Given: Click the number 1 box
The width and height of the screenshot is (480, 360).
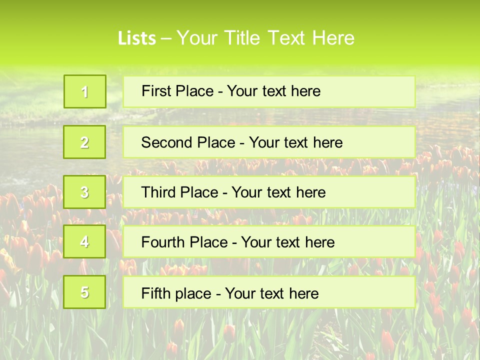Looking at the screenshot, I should point(85,91).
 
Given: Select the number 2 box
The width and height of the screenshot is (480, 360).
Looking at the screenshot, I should point(85,142).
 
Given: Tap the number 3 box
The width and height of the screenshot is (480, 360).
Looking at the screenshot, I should point(85,192).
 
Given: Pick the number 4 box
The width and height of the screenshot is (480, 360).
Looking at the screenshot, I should point(85,242).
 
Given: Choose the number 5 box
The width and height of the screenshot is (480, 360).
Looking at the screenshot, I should point(85,292).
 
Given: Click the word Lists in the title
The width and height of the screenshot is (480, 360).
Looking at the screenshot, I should point(137,38).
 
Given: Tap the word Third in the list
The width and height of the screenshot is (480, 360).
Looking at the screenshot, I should point(159,192).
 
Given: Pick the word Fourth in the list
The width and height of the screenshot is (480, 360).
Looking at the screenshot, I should point(163,242).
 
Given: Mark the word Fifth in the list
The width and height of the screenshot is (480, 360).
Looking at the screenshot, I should point(155,293).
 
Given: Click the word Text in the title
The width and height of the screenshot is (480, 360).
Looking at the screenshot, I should point(287,38).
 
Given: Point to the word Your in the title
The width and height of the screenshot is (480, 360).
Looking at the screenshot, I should point(197,38).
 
